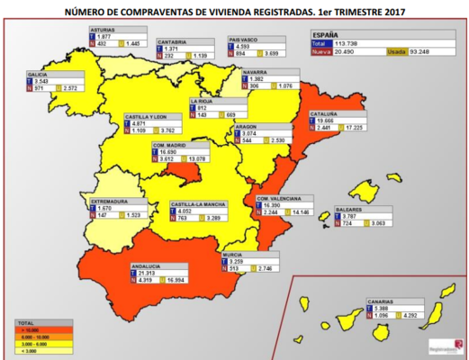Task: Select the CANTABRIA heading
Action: pos(174,41)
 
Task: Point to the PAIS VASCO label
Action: pos(245,40)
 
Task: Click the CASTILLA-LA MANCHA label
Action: pos(199,204)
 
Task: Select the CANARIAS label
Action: pos(384,301)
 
